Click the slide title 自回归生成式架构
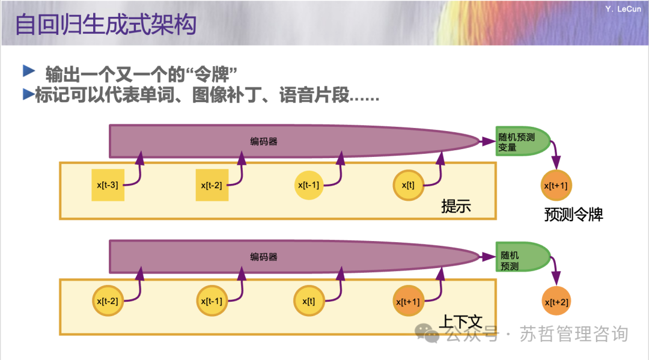point(105,25)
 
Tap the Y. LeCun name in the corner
point(620,9)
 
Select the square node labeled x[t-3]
point(108,185)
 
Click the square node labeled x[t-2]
point(212,185)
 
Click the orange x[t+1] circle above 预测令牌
point(556,186)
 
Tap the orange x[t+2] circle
point(556,302)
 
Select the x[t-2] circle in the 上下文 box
point(108,301)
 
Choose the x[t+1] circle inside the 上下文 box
point(407,301)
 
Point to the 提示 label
point(456,206)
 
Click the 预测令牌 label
point(573,214)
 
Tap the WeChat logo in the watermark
point(428,334)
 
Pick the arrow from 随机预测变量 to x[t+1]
point(556,155)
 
